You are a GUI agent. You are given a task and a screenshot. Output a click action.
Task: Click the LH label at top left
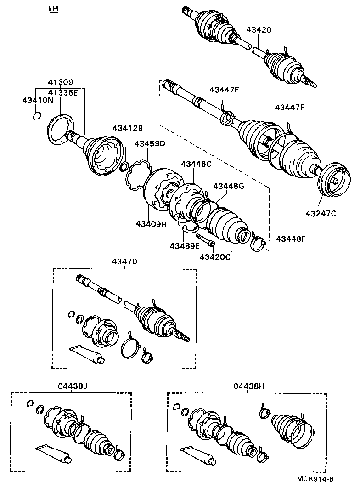coord(54,9)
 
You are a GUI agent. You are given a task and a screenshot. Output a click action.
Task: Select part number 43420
coord(259,30)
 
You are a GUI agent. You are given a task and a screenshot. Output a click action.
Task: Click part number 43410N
coord(38,100)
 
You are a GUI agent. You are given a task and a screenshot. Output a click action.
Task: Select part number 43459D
coord(150,143)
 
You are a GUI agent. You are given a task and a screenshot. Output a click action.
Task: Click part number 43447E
coord(225,90)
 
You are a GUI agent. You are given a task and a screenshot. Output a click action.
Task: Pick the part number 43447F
coord(290,107)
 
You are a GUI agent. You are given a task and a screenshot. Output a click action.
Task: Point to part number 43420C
coord(215,256)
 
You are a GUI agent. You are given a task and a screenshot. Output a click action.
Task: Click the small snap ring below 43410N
coord(38,116)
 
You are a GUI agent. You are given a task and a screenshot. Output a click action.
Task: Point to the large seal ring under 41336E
coord(62,130)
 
